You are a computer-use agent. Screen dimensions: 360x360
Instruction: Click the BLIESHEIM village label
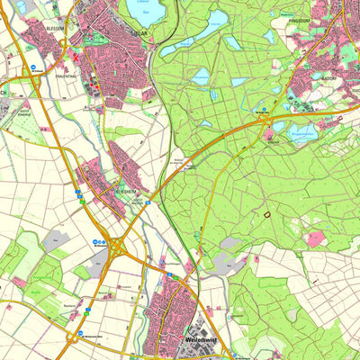[124, 192]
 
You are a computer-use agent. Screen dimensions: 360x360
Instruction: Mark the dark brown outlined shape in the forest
[265, 213]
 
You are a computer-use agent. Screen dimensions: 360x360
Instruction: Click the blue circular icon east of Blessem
[35, 68]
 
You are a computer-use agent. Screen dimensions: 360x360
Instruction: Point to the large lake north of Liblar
[147, 11]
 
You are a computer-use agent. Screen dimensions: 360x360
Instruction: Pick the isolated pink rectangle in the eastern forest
[315, 238]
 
